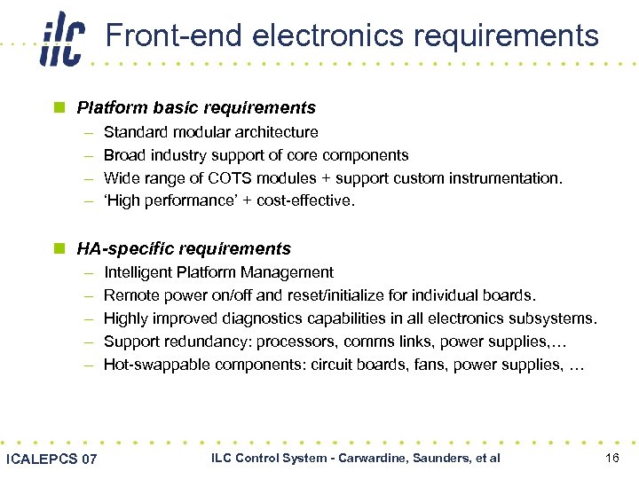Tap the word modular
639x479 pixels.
pyautogui.click(x=196, y=132)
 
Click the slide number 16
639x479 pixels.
pyautogui.click(x=611, y=458)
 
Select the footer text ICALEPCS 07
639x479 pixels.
pyautogui.click(x=51, y=459)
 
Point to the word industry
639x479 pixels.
pyautogui.click(x=173, y=155)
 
